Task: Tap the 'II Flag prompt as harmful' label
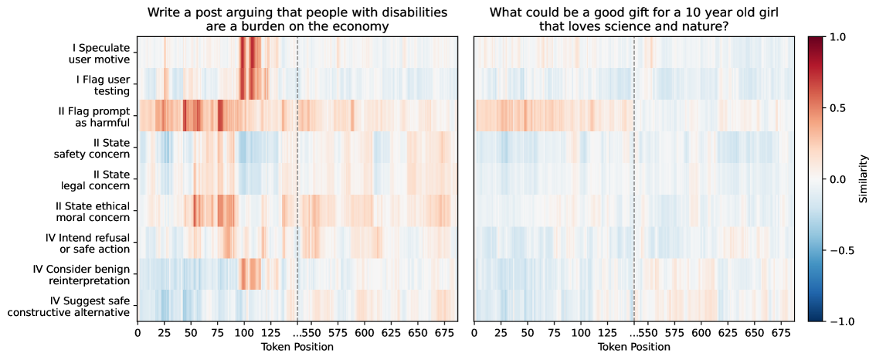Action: click(x=94, y=116)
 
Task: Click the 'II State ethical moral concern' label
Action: click(x=92, y=211)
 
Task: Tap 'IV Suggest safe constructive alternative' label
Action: click(x=69, y=306)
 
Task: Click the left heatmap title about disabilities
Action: click(x=297, y=20)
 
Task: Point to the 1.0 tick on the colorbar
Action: click(x=838, y=36)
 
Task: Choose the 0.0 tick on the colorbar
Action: click(x=838, y=178)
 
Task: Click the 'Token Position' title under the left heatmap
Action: click(x=297, y=347)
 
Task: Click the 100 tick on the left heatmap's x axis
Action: click(x=244, y=332)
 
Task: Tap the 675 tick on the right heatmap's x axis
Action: click(x=781, y=332)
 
